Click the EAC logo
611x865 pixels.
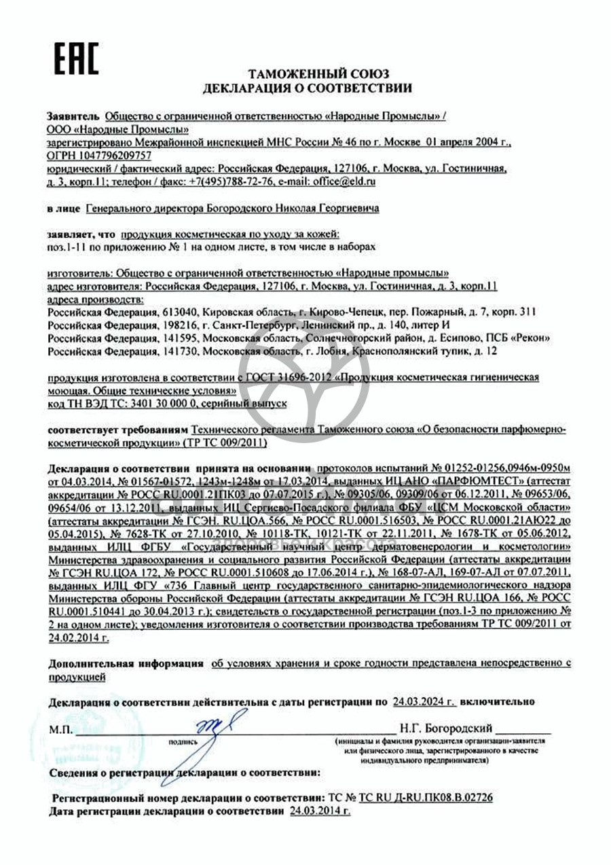pos(76,58)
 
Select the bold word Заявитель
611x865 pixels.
pos(74,116)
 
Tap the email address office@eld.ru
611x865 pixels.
pos(344,181)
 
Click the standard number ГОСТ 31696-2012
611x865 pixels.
pos(294,377)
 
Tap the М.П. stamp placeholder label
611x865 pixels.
pos(59,730)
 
